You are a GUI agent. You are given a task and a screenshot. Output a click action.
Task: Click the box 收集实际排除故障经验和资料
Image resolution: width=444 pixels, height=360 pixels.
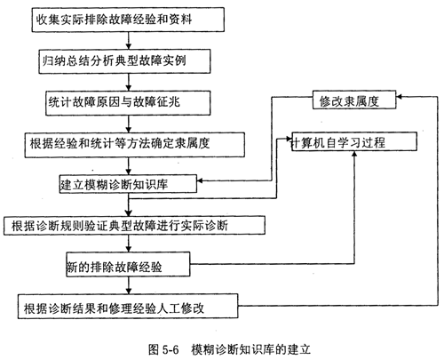tap(128, 20)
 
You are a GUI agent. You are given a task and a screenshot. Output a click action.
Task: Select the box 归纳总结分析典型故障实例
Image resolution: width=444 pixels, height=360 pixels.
tap(124, 61)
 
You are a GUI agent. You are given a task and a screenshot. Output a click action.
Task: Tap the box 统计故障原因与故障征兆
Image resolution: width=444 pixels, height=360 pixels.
tap(128, 103)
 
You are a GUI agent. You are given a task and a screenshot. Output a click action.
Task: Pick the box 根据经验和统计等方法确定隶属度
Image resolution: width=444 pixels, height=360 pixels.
tap(135, 145)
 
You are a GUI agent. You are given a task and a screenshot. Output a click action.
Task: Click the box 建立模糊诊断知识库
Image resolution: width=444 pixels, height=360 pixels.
tap(128, 184)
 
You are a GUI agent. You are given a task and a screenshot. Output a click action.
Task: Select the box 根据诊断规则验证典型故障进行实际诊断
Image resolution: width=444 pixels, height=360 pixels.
tap(134, 226)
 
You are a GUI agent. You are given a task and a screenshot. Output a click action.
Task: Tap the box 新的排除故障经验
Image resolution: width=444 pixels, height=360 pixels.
tap(128, 264)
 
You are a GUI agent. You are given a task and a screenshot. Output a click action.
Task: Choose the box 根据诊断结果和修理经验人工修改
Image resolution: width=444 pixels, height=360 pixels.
tap(128, 307)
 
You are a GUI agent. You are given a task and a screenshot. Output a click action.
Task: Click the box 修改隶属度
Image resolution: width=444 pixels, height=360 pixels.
tap(354, 100)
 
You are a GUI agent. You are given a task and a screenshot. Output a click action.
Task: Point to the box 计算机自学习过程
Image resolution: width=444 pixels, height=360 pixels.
tap(354, 141)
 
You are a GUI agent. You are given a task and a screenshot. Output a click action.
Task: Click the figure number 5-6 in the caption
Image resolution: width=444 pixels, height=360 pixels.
tap(170, 350)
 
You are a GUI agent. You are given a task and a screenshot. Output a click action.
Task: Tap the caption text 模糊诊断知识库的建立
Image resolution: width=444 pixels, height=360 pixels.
tap(251, 349)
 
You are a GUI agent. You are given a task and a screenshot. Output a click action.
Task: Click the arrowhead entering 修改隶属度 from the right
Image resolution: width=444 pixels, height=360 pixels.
tap(399, 97)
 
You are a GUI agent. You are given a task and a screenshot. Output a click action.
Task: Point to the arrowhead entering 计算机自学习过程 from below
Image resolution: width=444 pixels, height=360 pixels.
tap(354, 154)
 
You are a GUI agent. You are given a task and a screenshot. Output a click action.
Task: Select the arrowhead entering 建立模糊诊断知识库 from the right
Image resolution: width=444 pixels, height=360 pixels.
tap(200, 180)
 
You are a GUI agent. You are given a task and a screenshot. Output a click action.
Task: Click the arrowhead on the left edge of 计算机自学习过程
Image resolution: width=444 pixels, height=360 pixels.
tap(289, 139)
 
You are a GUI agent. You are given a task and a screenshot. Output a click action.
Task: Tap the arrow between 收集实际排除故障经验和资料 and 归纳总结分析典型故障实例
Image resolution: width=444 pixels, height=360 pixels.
tap(128, 41)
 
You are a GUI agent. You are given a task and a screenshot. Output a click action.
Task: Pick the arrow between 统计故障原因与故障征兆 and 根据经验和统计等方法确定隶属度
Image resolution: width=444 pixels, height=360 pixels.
tap(128, 124)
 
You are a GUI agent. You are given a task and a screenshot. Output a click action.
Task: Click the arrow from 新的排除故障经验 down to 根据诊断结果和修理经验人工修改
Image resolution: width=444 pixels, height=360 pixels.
tap(128, 285)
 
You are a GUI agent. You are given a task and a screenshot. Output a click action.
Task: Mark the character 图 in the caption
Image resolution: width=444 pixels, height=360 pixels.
tap(154, 350)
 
